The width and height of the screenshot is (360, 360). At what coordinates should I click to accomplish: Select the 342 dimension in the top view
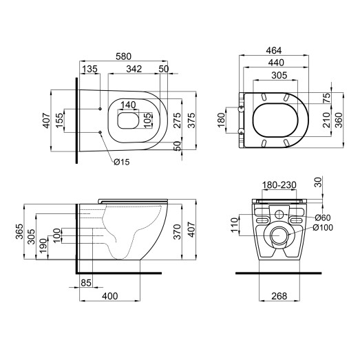pos(134,69)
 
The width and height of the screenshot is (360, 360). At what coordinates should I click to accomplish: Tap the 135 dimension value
pos(89,69)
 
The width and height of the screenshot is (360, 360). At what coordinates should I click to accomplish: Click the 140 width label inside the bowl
pos(128,106)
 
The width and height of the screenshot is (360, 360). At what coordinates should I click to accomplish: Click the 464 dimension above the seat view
pos(274,50)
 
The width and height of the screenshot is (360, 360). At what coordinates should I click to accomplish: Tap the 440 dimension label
pos(274,63)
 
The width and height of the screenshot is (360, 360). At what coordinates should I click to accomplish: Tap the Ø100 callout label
pos(326,227)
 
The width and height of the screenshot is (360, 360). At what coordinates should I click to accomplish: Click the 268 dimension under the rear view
pos(279,297)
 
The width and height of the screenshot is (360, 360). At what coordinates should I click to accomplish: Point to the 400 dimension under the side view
pos(109,296)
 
